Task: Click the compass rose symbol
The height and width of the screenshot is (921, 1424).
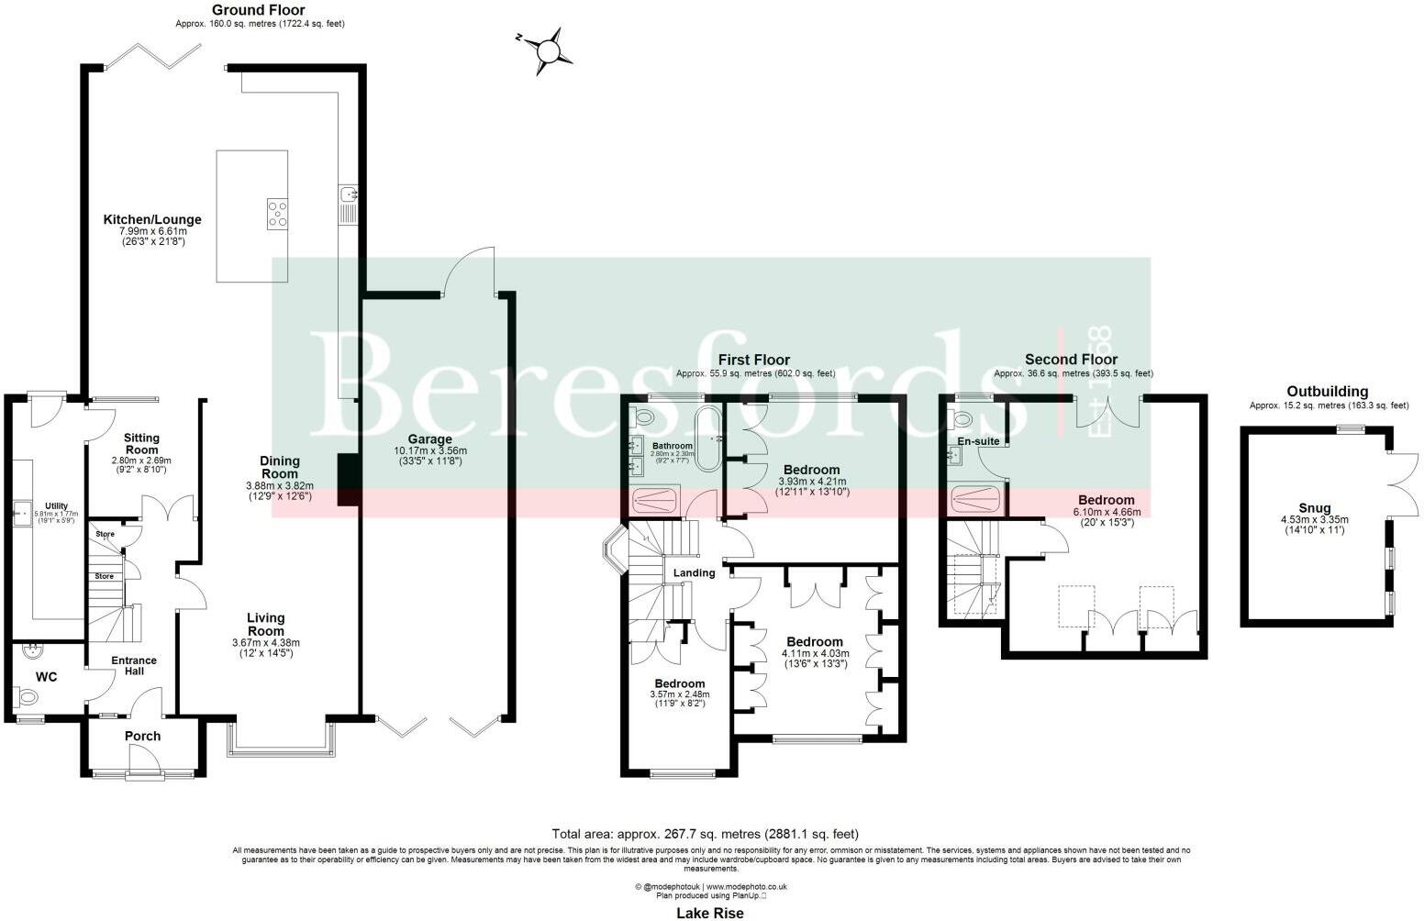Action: click(x=549, y=50)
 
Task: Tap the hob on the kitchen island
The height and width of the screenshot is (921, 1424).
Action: click(x=277, y=213)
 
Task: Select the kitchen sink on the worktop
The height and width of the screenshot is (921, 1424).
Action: click(x=350, y=194)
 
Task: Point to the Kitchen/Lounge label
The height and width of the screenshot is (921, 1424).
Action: click(x=152, y=220)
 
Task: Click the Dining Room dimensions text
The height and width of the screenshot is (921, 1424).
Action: click(x=280, y=491)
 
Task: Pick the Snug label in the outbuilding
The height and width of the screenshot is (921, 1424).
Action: click(x=1314, y=508)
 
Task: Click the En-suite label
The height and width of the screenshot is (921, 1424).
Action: click(x=978, y=441)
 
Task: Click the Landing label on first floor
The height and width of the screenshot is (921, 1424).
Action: click(x=694, y=573)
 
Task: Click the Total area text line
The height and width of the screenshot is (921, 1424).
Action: click(x=705, y=834)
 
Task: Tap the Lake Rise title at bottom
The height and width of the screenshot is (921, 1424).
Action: click(x=710, y=913)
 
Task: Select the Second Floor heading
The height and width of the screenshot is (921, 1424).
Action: click(x=1071, y=360)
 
